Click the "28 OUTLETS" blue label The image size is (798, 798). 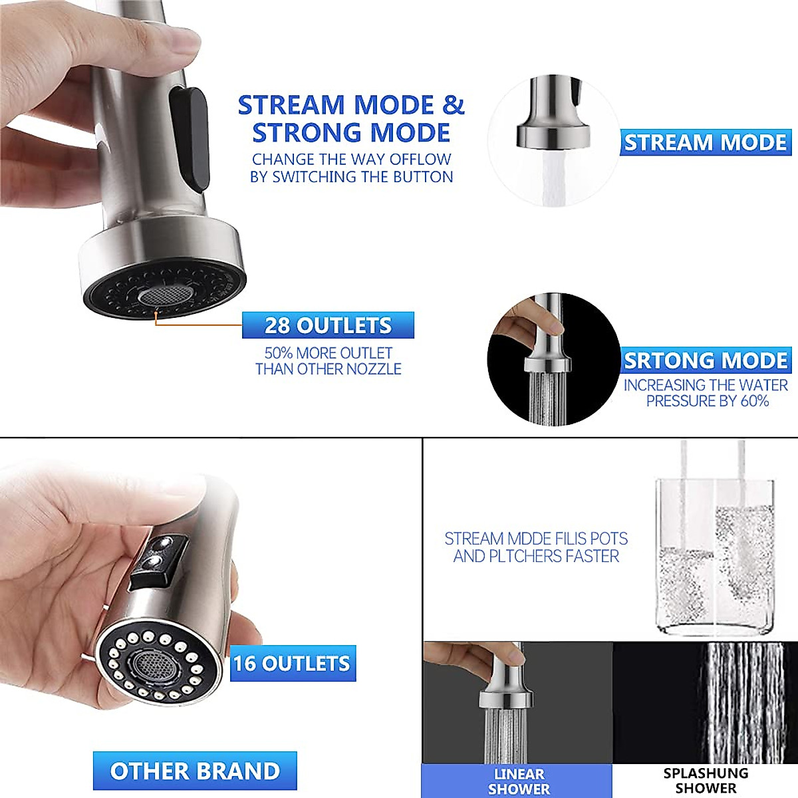328,325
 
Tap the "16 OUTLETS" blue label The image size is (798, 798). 293,663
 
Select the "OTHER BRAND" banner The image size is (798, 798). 195,771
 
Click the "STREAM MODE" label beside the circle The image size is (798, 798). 706,142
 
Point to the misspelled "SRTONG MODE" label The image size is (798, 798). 706,360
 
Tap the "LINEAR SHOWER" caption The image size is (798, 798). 519,781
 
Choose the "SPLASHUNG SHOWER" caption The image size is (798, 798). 706,781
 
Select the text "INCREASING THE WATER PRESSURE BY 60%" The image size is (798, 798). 706,393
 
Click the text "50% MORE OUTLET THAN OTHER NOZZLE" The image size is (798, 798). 328,361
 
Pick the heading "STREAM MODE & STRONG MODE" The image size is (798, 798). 351,119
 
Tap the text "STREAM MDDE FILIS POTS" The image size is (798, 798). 536,539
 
